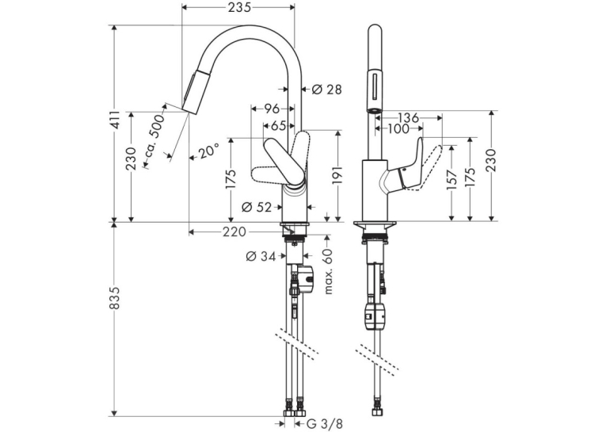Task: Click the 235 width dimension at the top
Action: click(239, 6)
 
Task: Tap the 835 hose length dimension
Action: click(115, 298)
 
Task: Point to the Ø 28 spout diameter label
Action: click(327, 90)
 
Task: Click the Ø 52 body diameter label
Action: click(257, 208)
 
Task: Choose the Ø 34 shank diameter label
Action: click(261, 256)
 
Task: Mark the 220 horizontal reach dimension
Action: click(234, 232)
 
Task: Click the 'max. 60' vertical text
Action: click(329, 271)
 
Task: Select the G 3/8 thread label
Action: click(324, 424)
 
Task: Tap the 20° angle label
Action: click(209, 151)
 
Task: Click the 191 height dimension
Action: click(337, 177)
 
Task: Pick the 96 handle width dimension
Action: click(271, 109)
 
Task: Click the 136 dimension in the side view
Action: click(408, 117)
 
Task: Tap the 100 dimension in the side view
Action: click(398, 128)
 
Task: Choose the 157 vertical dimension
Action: click(452, 180)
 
